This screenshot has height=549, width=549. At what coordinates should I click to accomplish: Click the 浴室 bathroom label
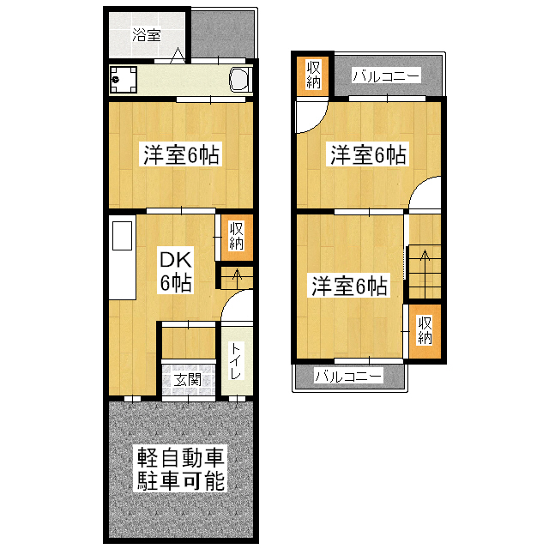click(x=147, y=34)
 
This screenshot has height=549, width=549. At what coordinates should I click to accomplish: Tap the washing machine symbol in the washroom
click(x=123, y=80)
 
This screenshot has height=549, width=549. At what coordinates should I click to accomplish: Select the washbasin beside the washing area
click(x=240, y=80)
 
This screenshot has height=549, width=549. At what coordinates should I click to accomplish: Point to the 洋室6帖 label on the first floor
click(x=181, y=154)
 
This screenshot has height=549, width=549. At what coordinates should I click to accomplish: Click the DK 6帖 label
click(x=175, y=271)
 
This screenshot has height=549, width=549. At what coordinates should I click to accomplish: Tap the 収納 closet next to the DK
click(x=237, y=238)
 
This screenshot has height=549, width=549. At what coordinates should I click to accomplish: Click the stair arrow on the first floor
click(x=238, y=278)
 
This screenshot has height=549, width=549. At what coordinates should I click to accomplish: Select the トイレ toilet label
click(x=236, y=361)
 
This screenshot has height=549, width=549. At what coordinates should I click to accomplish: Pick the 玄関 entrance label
click(x=188, y=379)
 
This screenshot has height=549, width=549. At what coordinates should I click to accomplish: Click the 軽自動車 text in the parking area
click(x=180, y=457)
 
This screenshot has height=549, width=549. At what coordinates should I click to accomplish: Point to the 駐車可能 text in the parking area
click(x=180, y=481)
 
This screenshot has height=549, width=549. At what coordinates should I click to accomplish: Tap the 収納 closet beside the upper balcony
click(x=313, y=74)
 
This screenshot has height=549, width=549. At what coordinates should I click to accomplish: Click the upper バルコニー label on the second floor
click(x=386, y=75)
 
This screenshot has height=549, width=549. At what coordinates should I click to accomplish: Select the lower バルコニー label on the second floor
click(x=348, y=376)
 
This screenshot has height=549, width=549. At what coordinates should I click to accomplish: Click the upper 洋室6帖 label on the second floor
click(x=368, y=154)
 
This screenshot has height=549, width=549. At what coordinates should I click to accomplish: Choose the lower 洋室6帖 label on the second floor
click(x=349, y=286)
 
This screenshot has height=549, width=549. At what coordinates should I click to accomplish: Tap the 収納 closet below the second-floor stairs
click(x=425, y=331)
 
